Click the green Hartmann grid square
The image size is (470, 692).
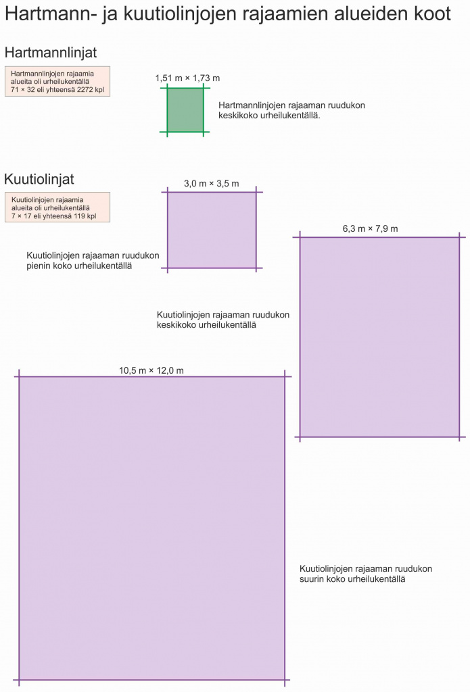(185, 110)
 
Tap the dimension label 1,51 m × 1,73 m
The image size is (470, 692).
(187, 78)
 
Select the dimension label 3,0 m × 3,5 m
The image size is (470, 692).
(212, 184)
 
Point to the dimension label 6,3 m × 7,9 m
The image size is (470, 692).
(370, 228)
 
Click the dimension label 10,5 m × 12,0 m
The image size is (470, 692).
(151, 371)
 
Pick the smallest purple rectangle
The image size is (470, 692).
(212, 230)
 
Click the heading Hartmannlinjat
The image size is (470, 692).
(50, 53)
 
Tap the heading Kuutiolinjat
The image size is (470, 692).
(39, 180)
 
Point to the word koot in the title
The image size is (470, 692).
(432, 14)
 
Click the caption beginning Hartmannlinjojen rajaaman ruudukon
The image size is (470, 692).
(291, 110)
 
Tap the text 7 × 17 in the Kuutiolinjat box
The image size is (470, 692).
(22, 216)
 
